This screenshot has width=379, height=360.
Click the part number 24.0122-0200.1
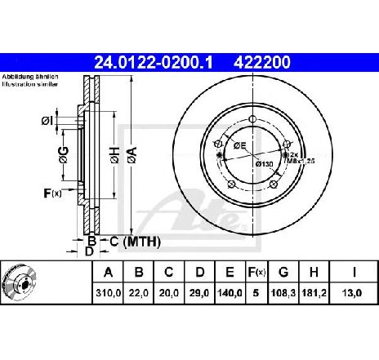click(x=154, y=63)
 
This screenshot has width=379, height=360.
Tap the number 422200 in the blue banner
click(x=262, y=63)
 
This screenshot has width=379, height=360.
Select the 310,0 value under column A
click(x=108, y=293)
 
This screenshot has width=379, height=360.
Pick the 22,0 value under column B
click(x=139, y=293)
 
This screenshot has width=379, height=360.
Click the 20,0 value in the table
click(x=169, y=293)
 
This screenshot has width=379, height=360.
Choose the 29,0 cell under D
click(x=199, y=293)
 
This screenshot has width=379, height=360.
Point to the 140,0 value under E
click(x=230, y=293)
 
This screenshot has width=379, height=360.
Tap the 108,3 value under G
click(x=283, y=293)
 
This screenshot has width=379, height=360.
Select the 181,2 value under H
click(x=314, y=293)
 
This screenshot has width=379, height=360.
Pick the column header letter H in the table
click(x=314, y=272)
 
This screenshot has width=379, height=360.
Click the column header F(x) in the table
click(x=256, y=272)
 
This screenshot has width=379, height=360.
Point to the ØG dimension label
click(x=64, y=155)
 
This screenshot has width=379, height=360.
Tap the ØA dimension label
click(x=132, y=155)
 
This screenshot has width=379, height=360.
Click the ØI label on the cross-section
click(x=47, y=121)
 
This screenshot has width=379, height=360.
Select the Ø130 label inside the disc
click(x=265, y=164)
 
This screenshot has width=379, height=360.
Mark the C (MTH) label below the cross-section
click(x=135, y=242)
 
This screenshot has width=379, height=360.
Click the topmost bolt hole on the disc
click(x=253, y=119)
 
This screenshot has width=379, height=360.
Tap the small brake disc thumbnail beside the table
click(x=19, y=282)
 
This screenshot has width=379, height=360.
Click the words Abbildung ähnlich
click(x=30, y=77)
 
